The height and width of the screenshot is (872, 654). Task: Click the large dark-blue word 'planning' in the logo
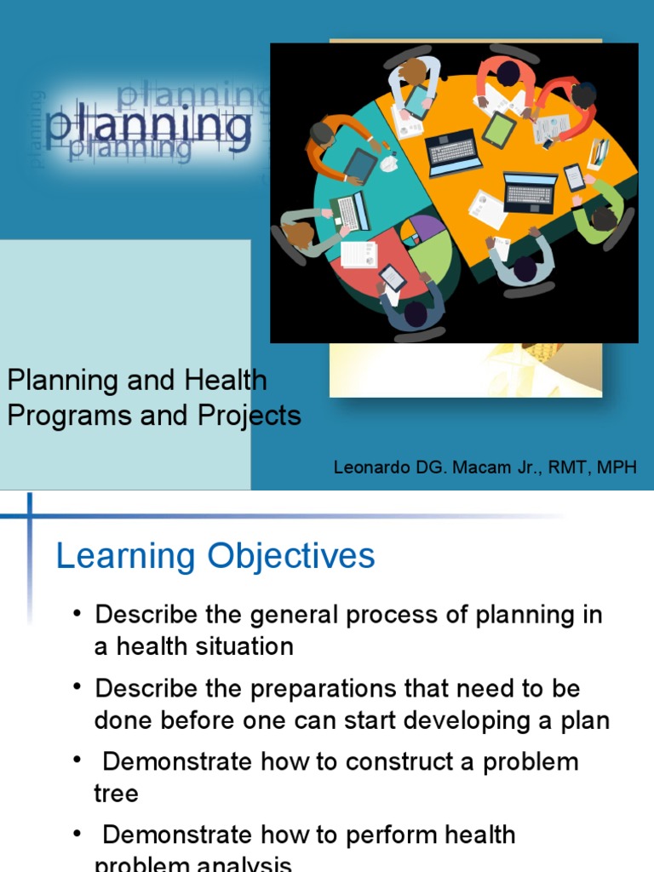click(x=150, y=126)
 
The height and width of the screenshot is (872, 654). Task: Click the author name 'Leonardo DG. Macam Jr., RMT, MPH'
click(x=485, y=467)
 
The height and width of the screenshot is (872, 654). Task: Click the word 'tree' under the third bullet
click(x=116, y=793)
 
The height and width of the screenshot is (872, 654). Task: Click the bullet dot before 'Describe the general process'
click(x=78, y=615)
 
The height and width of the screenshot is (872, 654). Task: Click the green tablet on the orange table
click(x=499, y=129)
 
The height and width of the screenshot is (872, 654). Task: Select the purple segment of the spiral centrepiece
click(x=426, y=227)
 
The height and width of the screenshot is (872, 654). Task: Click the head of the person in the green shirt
click(x=604, y=219)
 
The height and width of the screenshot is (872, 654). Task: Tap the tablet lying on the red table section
click(x=393, y=277)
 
